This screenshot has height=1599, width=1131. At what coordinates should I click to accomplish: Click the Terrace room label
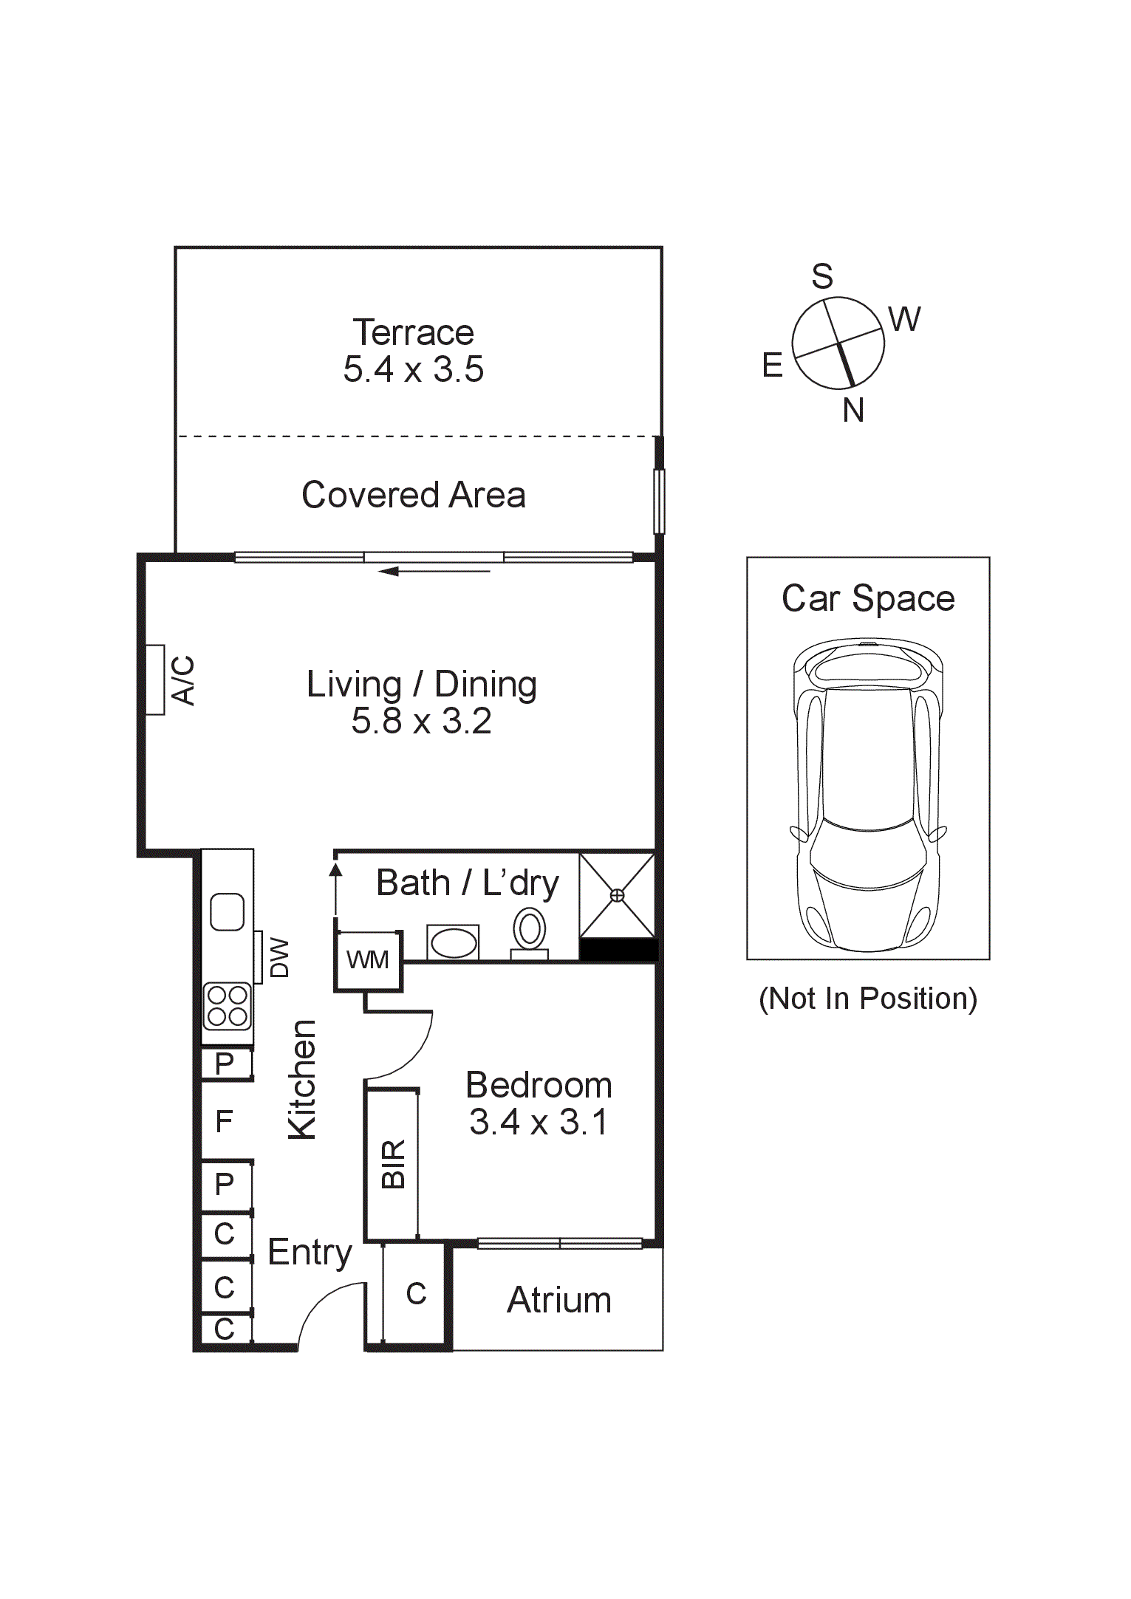(413, 332)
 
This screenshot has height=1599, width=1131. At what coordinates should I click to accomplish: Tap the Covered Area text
(413, 495)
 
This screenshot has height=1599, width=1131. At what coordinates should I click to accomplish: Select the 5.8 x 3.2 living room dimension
(421, 722)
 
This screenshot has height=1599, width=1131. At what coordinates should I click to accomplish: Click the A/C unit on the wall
(155, 679)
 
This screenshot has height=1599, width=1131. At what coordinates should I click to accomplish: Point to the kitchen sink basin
(227, 911)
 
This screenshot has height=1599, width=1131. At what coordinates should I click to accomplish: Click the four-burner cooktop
(228, 1006)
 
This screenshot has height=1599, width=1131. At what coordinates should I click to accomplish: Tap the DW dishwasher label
(279, 957)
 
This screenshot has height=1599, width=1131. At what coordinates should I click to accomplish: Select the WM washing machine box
(368, 960)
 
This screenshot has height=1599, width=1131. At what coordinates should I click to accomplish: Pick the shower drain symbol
(617, 895)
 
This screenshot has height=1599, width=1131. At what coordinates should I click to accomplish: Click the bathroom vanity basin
(453, 943)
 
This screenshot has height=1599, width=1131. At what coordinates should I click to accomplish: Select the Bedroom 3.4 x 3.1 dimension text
(539, 1122)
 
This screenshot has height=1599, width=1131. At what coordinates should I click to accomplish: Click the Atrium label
(559, 1300)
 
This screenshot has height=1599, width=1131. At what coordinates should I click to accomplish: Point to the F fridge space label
(224, 1122)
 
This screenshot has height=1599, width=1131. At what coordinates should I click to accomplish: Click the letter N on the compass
(853, 410)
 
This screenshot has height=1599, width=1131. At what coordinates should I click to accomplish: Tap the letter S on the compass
(822, 276)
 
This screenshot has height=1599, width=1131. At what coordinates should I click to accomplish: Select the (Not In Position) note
(868, 999)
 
